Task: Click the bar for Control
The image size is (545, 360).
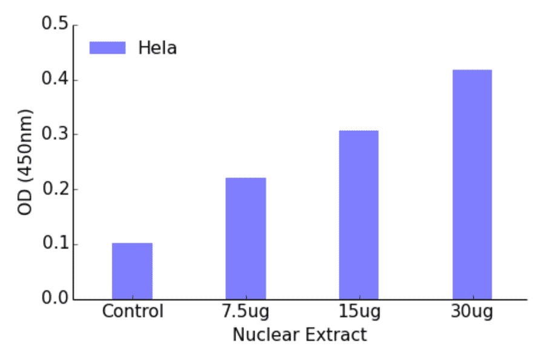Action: pyautogui.click(x=132, y=271)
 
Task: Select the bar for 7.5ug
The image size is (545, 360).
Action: pyautogui.click(x=246, y=238)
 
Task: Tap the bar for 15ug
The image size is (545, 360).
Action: pyautogui.click(x=358, y=215)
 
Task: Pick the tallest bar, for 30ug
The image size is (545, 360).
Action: pyautogui.click(x=472, y=184)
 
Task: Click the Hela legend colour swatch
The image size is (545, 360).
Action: pyautogui.click(x=107, y=48)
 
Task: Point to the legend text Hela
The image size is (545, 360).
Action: pyautogui.click(x=157, y=48)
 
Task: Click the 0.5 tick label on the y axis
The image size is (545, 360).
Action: pyautogui.click(x=54, y=25)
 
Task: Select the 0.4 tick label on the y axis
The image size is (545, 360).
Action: pyautogui.click(x=54, y=80)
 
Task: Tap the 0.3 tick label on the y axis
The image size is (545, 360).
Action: pyautogui.click(x=54, y=135)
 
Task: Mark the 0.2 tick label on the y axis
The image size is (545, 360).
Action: pyautogui.click(x=54, y=190)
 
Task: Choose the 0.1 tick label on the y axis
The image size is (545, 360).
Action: pyautogui.click(x=54, y=244)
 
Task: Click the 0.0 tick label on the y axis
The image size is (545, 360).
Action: pyautogui.click(x=54, y=299)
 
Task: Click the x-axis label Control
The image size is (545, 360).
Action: pyautogui.click(x=133, y=312)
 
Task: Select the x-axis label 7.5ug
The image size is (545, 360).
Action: pyautogui.click(x=245, y=312)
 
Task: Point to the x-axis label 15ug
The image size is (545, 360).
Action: pyautogui.click(x=359, y=312)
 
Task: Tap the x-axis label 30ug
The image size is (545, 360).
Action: pyautogui.click(x=472, y=312)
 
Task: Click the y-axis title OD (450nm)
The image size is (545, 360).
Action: pyautogui.click(x=25, y=162)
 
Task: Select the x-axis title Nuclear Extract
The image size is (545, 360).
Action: pyautogui.click(x=300, y=335)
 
